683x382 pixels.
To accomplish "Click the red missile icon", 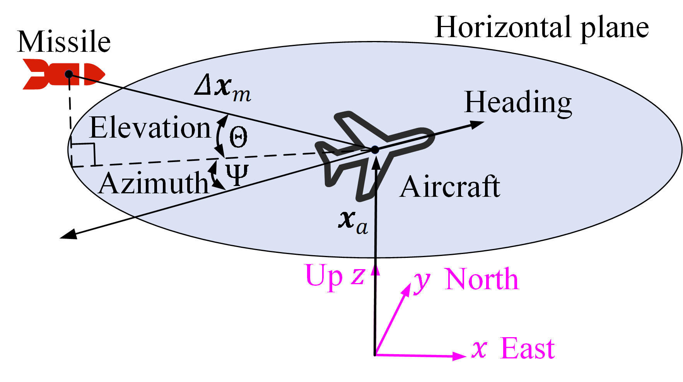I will tap(64, 74).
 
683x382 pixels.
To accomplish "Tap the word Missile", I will tap(64, 42).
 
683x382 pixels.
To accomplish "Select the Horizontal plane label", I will tap(541, 28).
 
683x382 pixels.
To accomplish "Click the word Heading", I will tap(518, 102).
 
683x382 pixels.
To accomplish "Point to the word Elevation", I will tap(150, 128).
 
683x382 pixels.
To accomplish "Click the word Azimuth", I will tap(154, 183).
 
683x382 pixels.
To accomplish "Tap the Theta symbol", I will tap(238, 137).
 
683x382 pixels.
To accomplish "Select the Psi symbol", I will tap(237, 175).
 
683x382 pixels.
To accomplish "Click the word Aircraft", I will tap(450, 187).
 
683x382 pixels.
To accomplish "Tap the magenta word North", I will tap(482, 279).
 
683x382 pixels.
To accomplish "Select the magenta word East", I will tap(528, 349).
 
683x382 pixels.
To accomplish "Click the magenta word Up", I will tap(324, 276).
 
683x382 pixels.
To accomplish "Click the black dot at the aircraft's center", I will tap(375, 150).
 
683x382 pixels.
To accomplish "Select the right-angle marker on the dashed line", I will tap(84, 155).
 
